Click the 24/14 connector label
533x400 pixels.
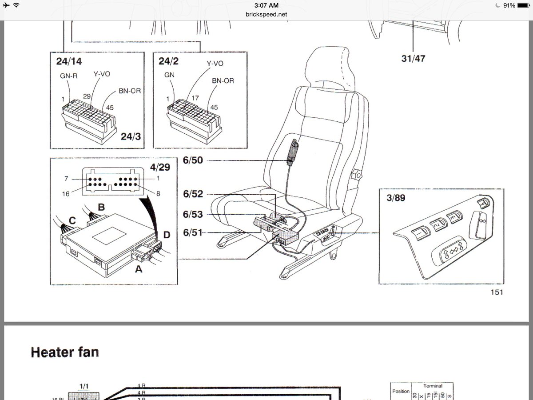(x=69, y=61)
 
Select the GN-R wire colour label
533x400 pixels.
(x=69, y=76)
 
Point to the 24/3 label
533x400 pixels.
(x=130, y=136)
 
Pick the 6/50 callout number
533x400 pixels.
(x=193, y=160)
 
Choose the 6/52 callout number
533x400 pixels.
(x=193, y=194)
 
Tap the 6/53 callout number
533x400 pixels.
(x=193, y=214)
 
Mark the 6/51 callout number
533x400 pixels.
(x=193, y=232)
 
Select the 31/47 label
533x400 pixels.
(x=413, y=58)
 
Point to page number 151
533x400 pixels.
(x=497, y=292)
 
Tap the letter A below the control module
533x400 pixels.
(x=138, y=268)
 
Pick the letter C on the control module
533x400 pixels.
(x=72, y=220)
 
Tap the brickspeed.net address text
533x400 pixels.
(x=266, y=14)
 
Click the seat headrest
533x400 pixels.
(x=333, y=67)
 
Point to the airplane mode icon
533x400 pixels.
(x=6, y=5)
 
